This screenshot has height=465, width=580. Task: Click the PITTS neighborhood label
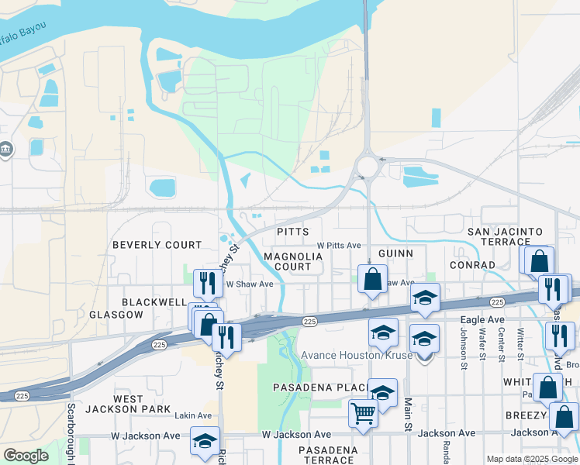[293, 232]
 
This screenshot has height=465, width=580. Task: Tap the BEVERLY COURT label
[157, 245]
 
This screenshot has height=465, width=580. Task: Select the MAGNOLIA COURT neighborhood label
[287, 261]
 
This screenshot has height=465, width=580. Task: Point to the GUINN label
[396, 253]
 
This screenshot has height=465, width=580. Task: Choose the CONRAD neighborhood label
[472, 265]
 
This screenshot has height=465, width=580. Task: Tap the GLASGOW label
[116, 315]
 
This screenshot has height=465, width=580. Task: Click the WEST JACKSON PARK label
[115, 404]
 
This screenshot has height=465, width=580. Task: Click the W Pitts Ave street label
[339, 245]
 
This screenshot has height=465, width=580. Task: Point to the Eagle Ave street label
[482, 319]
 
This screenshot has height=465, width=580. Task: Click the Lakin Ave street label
[192, 416]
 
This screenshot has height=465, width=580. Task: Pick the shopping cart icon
[362, 413]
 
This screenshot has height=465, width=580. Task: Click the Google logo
[26, 455]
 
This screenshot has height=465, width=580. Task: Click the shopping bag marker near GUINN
[373, 278]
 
